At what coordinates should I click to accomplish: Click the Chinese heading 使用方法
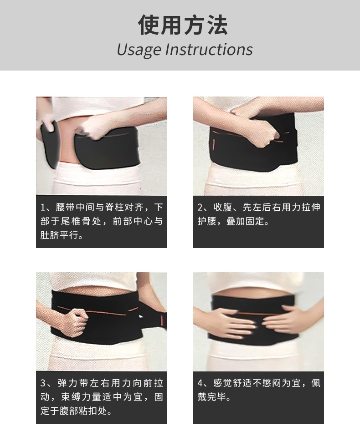183,25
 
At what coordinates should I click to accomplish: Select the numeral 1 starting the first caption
43,207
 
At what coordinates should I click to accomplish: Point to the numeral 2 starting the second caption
200,207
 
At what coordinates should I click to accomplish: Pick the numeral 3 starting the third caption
43,383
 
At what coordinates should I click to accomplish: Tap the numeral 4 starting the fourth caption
201,383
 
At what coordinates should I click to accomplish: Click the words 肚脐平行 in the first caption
59,235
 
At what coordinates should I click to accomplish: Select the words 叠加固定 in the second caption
245,221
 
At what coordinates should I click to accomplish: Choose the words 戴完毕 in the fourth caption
211,397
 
